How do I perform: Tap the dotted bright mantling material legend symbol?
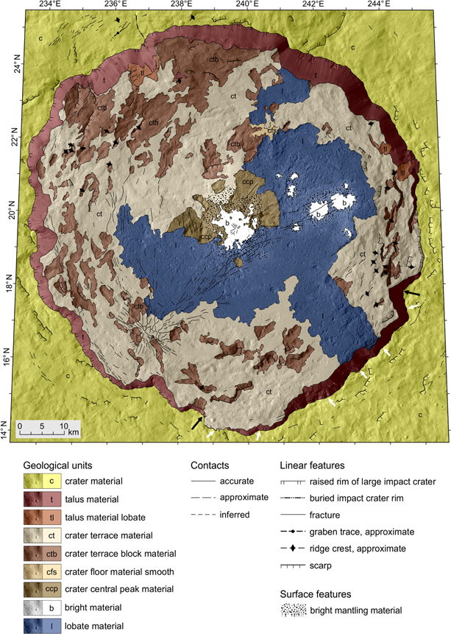(x=297, y=610)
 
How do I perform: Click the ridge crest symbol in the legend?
(x=297, y=548)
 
